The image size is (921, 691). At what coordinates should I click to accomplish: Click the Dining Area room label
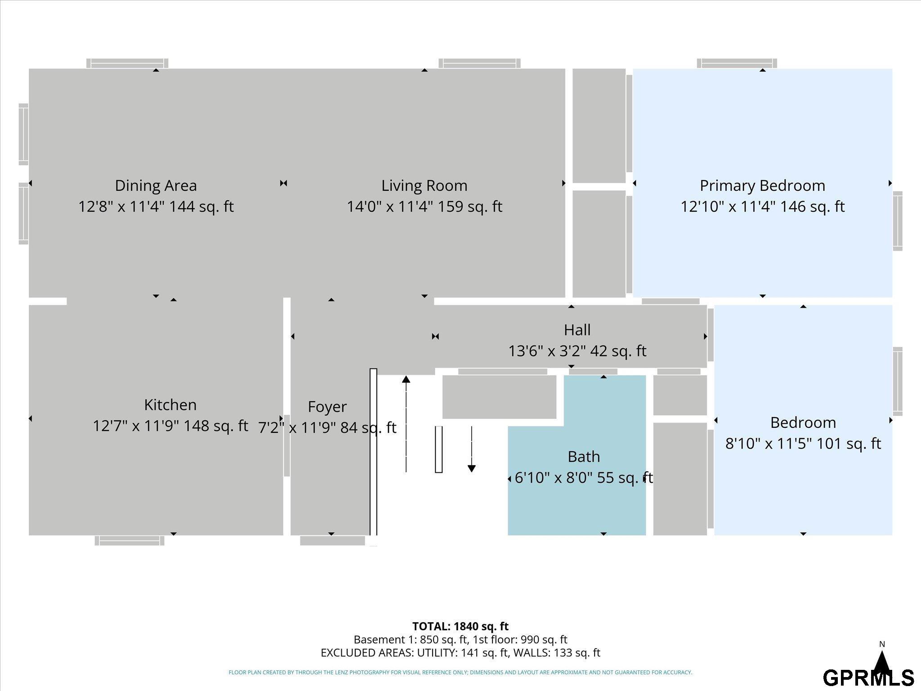pos(156,185)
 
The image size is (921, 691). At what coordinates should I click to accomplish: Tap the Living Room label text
pos(424,185)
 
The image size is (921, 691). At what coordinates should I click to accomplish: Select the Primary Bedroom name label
pos(762,185)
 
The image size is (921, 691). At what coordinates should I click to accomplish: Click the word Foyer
pos(327,407)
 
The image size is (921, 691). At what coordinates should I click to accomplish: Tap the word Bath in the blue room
pos(584,457)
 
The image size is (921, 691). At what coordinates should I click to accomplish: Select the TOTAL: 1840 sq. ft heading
pos(460,626)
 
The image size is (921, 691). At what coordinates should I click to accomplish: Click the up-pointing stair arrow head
pos(406,379)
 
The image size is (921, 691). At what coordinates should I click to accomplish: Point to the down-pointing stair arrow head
pos(471,468)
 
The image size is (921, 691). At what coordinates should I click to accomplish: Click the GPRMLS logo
pos(868,678)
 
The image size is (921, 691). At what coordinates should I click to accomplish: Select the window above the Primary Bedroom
pos(737,63)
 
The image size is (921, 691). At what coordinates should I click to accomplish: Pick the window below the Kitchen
pos(130,541)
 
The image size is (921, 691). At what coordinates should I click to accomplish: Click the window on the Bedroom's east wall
pos(898,381)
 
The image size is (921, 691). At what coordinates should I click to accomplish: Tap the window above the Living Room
pos(479,63)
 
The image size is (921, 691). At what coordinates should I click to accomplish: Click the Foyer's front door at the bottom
pos(332,541)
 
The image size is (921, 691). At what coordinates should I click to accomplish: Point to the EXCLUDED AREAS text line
pos(460,653)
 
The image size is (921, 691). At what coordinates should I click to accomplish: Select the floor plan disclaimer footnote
pos(460,673)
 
